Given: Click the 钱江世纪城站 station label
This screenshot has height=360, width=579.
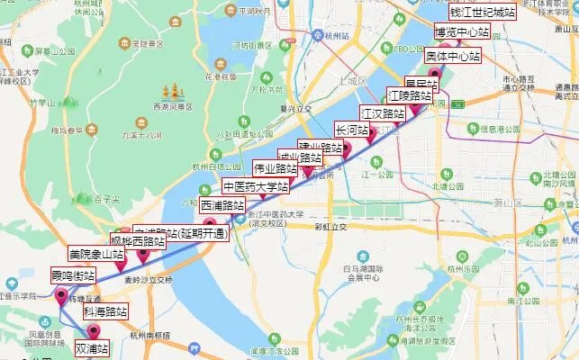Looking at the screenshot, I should [x=482, y=13].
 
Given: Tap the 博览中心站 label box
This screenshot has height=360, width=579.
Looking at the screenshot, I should [x=462, y=32].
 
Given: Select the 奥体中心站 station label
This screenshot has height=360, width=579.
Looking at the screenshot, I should [x=453, y=56].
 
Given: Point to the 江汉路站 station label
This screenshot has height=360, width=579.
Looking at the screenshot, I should [x=383, y=113].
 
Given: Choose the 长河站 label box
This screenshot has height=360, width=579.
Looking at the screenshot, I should [x=352, y=130].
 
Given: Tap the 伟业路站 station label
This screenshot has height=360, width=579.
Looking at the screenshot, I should [x=276, y=168].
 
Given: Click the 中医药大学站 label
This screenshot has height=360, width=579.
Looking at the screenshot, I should [x=257, y=187].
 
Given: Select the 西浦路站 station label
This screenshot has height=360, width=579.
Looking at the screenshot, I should [x=222, y=205].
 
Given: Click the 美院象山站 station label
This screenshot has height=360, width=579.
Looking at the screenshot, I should [x=96, y=255].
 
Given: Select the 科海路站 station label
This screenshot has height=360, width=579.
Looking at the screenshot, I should [x=105, y=311].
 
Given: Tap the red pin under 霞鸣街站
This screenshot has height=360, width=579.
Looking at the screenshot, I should [x=61, y=296].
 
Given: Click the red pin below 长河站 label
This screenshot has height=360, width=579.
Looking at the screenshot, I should [x=343, y=149].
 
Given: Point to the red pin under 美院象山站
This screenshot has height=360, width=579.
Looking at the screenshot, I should [x=120, y=265].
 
